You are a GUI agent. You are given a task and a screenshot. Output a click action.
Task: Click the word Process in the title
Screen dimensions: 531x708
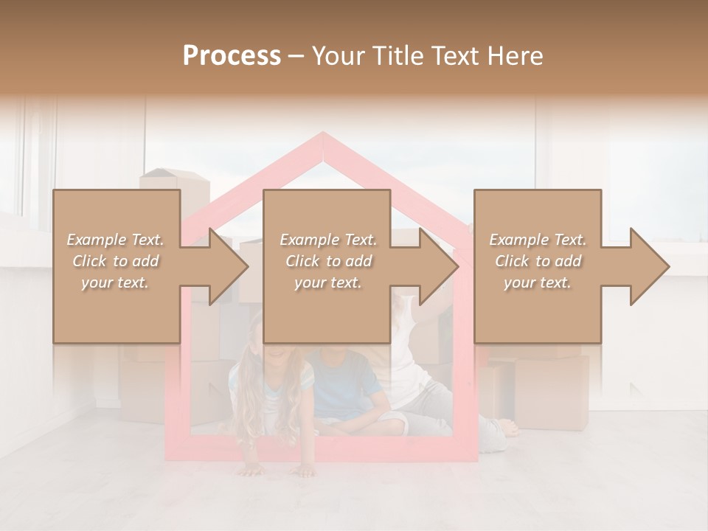(x=232, y=56)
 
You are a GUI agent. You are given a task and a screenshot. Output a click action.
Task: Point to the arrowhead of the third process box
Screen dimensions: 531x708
(x=646, y=266)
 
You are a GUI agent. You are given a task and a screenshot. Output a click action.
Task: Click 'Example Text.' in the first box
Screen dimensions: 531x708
(x=116, y=240)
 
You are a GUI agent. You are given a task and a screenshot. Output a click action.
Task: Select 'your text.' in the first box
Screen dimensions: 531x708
(x=116, y=282)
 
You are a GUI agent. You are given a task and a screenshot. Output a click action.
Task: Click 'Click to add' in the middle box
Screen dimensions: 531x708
(x=328, y=261)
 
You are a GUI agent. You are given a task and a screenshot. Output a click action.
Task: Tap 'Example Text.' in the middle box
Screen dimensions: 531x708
(x=328, y=240)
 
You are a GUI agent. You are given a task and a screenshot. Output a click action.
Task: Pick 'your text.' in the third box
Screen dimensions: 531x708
(x=538, y=282)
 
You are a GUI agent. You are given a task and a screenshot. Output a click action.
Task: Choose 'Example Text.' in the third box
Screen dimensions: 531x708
(x=538, y=240)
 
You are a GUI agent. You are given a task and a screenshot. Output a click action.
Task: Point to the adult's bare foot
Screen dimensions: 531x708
(x=507, y=427)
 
